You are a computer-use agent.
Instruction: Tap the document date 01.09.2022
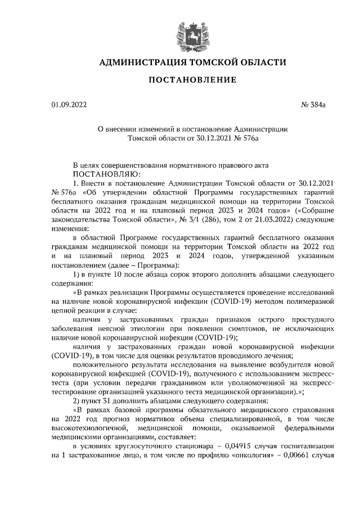coord(69,104)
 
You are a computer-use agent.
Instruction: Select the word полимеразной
coord(309,301)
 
